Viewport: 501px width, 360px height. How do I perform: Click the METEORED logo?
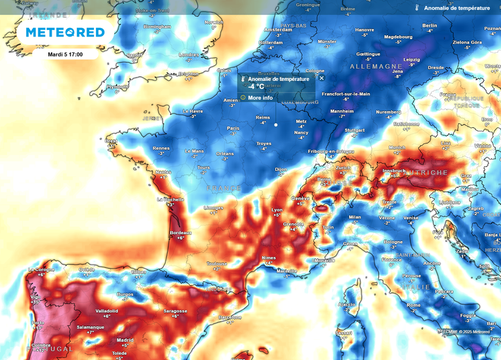65,32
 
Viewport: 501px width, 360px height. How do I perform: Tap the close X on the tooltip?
322,78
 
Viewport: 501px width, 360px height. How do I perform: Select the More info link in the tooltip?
260,98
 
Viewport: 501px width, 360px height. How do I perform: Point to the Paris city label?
233,128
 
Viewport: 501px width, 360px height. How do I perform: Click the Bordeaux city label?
181,233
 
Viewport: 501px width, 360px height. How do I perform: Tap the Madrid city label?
125,340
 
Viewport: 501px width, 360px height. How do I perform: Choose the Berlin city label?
429,25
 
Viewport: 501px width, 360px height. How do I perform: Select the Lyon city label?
277,209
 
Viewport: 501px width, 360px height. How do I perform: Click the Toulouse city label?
217,263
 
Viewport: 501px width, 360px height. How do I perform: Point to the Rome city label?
414,305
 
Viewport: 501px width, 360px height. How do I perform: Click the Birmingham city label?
157,27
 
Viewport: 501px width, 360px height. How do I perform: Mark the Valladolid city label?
106,311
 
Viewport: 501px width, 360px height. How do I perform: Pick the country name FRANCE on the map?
224,188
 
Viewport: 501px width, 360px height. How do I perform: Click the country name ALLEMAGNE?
376,67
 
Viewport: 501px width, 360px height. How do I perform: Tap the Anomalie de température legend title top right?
457,8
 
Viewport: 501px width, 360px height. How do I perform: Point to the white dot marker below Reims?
275,125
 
